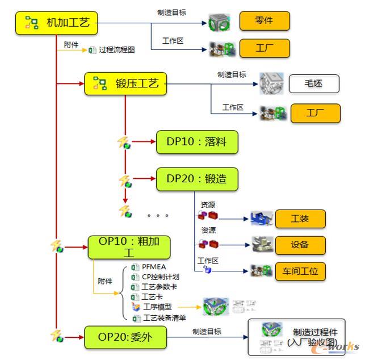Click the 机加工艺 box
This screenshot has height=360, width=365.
pos(56,23)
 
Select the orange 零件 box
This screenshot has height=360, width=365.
pos(265,20)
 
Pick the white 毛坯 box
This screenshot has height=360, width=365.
pos(314,84)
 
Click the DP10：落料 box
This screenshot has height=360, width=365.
pos(197,142)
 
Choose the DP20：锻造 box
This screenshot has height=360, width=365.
pos(197,179)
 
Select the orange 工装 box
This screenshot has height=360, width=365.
pos(300,219)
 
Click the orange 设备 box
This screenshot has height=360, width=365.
pos(300,245)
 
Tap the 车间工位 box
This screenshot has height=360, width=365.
pos(300,271)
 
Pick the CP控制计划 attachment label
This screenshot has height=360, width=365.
pos(160,277)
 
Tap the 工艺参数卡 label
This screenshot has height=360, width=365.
pos(160,287)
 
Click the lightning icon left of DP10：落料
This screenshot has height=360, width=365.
pos(124,142)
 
